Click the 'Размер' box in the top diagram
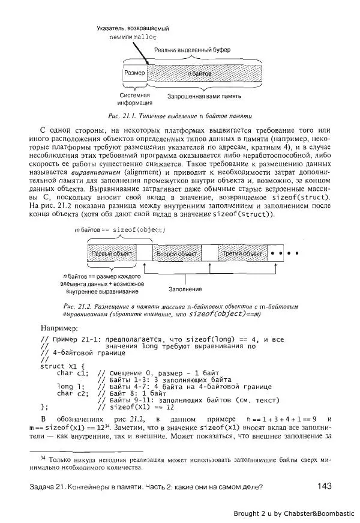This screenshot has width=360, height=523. coord(135,73)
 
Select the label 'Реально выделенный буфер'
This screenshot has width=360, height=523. coord(192,49)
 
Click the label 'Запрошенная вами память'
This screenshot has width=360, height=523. coord(204,96)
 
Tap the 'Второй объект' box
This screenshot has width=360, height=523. coord(177,255)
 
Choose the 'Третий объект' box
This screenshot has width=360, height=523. coord(239,255)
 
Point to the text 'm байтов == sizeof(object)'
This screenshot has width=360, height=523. coord(119,229)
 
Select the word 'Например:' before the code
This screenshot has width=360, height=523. coord(59,328)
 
